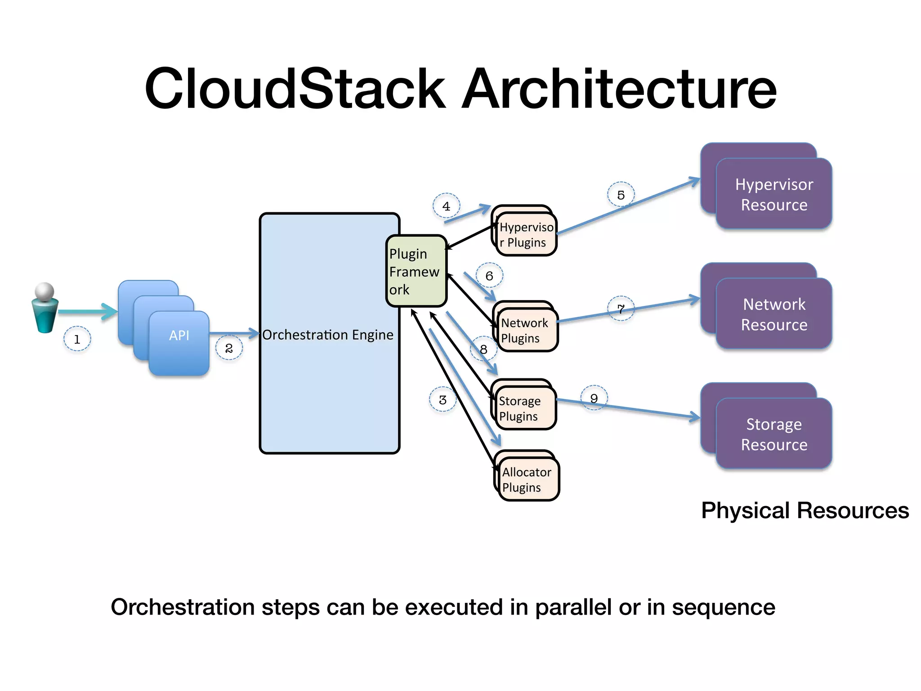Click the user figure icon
tap(45, 308)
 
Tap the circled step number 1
tap(77, 339)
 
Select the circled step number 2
tap(229, 348)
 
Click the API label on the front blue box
tap(179, 336)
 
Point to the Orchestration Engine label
tap(328, 335)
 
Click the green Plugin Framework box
tap(416, 271)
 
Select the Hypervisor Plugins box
tap(526, 235)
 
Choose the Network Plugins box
tap(526, 331)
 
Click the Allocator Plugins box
tap(527, 480)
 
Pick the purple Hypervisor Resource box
tap(773, 194)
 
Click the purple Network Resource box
tap(773, 314)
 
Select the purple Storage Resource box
tap(773, 434)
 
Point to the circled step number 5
tap(621, 195)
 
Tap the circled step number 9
tap(594, 399)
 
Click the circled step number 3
tap(443, 400)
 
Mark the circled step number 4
tap(446, 206)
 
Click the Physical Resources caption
tap(805, 511)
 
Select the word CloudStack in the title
tap(295, 89)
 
